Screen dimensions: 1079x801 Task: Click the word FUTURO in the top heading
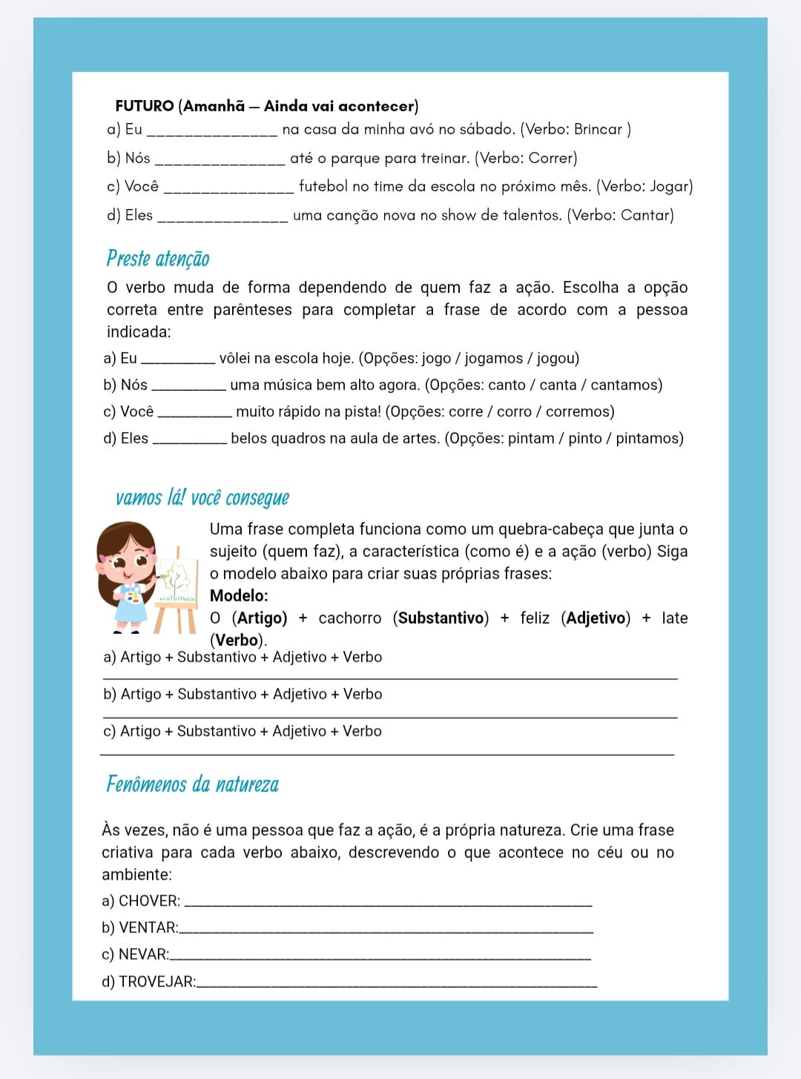145,106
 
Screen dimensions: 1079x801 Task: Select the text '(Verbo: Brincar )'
576,129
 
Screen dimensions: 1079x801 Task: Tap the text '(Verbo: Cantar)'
620,215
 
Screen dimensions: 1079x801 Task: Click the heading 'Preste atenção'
158,258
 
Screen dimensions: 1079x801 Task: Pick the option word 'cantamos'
626,385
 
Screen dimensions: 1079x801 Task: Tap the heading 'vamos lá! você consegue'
202,497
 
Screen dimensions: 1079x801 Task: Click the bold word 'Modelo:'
239,595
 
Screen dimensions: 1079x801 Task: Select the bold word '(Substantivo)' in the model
441,618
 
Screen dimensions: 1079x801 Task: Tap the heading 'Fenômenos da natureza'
192,784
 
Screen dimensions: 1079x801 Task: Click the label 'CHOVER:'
149,901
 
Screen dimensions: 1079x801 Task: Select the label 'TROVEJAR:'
157,981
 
